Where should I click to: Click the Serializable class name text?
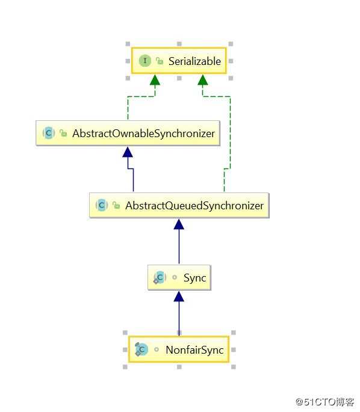click(x=194, y=61)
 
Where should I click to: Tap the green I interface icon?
click(x=145, y=61)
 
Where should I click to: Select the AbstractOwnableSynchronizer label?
click(x=144, y=134)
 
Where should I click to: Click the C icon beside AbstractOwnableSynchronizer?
click(x=49, y=133)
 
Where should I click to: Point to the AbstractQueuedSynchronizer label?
click(x=194, y=206)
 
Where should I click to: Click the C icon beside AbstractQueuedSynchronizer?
click(x=102, y=205)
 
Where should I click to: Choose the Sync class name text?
click(x=194, y=278)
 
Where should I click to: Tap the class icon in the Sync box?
click(x=160, y=277)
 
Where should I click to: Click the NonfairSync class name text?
click(x=194, y=350)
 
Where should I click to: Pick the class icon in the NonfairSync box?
click(x=141, y=349)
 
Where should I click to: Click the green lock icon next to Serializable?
click(x=160, y=61)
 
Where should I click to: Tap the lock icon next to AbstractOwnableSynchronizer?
click(x=63, y=133)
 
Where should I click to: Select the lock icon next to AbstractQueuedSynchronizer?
click(x=116, y=205)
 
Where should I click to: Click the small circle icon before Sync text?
click(x=175, y=277)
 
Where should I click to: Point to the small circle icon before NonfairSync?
click(x=157, y=349)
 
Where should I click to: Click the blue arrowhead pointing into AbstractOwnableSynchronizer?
click(x=128, y=152)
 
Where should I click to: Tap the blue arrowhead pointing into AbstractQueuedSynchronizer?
click(x=179, y=224)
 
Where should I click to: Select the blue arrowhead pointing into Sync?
click(x=179, y=297)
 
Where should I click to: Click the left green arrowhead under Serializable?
click(x=155, y=80)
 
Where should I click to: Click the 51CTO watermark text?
click(x=324, y=402)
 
